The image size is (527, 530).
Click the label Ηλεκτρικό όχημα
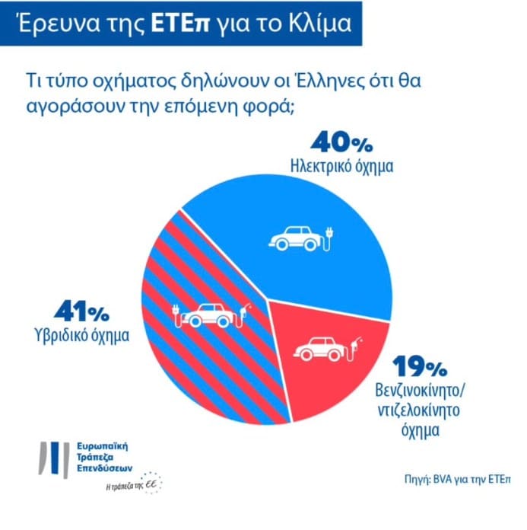tap(341, 165)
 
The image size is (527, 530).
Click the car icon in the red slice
tap(324, 348)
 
